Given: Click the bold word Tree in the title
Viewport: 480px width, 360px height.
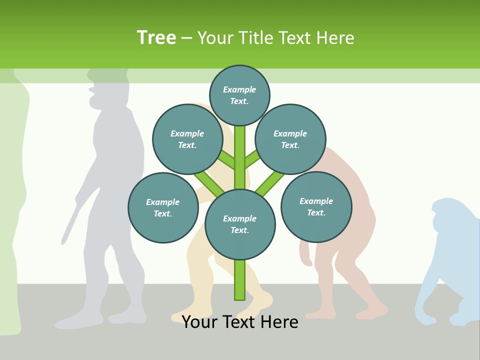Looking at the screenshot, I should tap(156, 37).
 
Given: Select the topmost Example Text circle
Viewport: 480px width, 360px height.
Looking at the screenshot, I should tap(239, 95).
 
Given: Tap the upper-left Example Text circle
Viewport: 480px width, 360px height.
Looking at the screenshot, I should tap(187, 139).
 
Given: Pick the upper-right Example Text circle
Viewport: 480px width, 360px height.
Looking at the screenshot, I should tap(290, 139).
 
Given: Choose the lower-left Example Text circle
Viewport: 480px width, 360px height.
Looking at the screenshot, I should tap(163, 207).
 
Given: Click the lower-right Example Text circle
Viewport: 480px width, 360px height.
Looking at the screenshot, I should tap(316, 206).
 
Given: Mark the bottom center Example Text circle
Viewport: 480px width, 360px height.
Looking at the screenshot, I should tap(240, 224).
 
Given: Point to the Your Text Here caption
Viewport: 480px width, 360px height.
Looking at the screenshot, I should tap(240, 322).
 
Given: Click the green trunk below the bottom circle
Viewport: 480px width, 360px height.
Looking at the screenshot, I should tap(240, 280).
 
